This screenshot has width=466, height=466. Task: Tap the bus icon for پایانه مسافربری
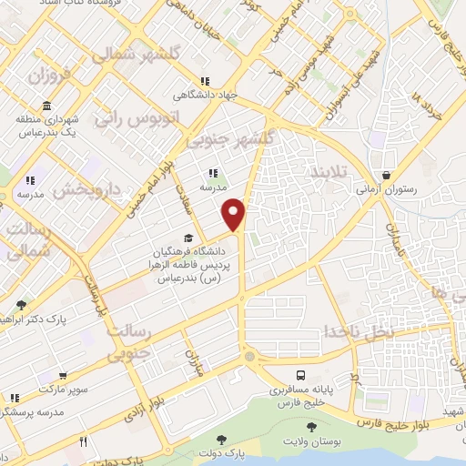(300, 374)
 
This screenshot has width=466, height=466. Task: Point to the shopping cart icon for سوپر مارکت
(62, 375)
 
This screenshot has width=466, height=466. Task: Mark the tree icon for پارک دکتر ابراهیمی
(21, 305)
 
